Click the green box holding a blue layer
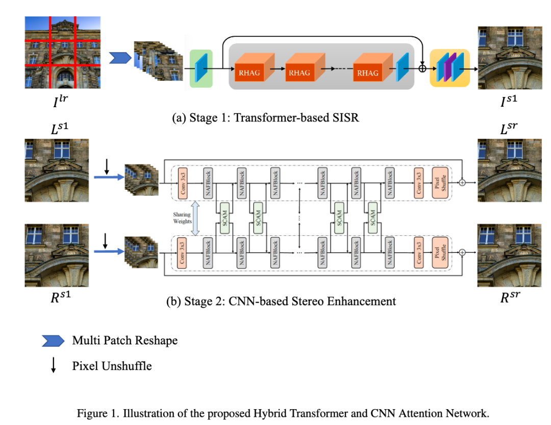201,68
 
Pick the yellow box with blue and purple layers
449,67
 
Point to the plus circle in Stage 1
422,68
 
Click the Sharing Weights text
182,218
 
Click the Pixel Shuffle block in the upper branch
440,182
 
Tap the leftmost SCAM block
224,218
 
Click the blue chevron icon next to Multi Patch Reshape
53,341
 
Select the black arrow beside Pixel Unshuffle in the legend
53,366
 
